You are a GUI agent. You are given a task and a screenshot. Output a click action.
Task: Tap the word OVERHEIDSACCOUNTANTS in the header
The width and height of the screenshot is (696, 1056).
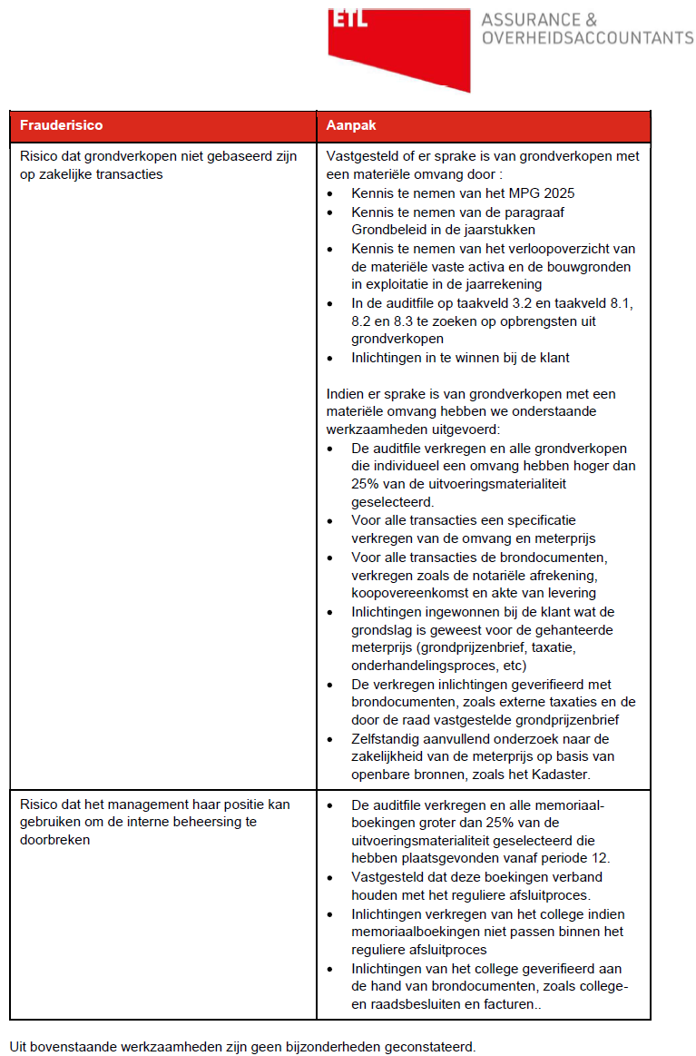pos(587,38)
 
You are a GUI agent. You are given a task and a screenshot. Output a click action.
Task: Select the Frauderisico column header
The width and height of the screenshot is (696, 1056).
pos(61,124)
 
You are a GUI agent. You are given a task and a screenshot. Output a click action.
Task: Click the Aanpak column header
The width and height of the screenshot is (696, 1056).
pos(345,124)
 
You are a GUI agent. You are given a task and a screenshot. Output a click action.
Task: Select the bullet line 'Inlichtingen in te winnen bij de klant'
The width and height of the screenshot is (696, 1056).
pos(460,357)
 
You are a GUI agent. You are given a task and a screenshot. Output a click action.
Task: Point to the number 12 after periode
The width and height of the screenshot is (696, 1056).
pos(603,859)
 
